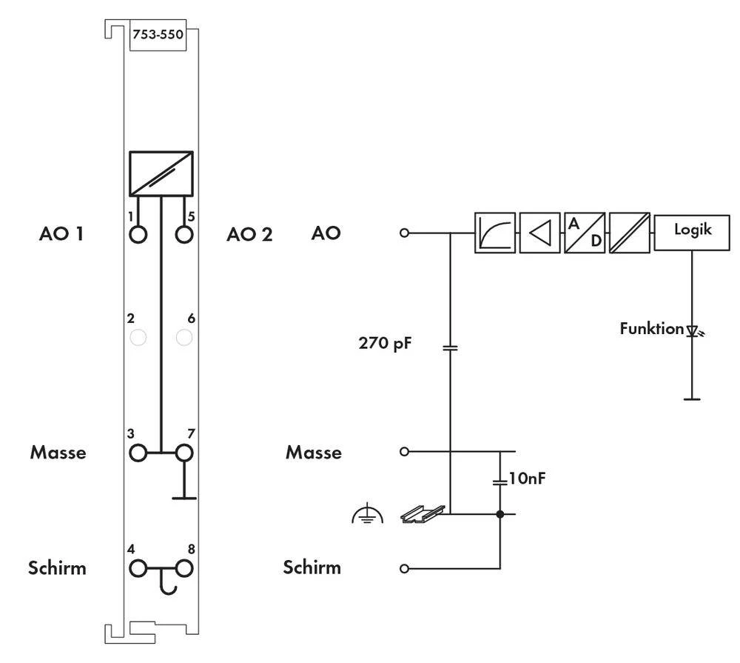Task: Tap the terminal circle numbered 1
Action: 138,235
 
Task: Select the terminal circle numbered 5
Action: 184,235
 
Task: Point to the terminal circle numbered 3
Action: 138,452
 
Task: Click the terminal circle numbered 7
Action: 184,452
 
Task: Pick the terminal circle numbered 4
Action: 138,569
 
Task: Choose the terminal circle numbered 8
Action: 184,569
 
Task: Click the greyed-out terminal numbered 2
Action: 138,338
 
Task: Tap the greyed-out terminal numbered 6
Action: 184,338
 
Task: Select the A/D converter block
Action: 585,233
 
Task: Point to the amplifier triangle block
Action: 539,233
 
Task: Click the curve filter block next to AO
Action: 494,233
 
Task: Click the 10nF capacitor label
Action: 528,479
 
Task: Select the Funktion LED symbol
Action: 693,331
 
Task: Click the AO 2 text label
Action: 249,235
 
